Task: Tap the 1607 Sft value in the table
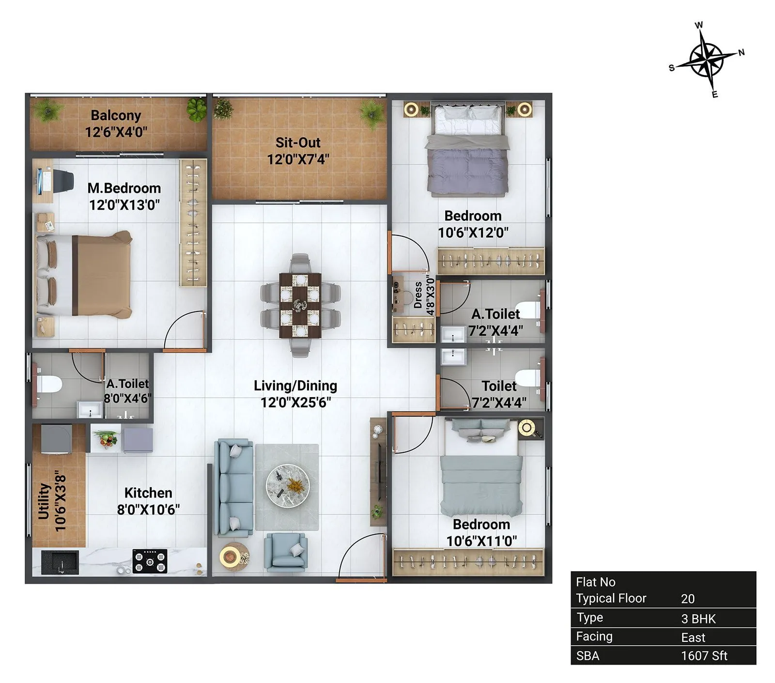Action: (x=703, y=655)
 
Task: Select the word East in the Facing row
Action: (x=693, y=637)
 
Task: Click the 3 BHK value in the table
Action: (x=698, y=619)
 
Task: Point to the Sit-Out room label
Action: (x=298, y=142)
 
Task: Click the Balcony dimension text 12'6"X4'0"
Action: (x=116, y=132)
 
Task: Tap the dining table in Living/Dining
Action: (x=300, y=305)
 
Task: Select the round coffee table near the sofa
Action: (x=287, y=486)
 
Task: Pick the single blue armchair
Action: (x=286, y=551)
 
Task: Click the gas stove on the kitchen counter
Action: (x=150, y=561)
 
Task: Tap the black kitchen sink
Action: (x=60, y=562)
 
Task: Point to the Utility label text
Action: (x=44, y=501)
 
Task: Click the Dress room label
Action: (x=418, y=295)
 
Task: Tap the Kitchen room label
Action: (x=148, y=493)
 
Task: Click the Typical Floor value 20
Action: (x=687, y=599)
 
